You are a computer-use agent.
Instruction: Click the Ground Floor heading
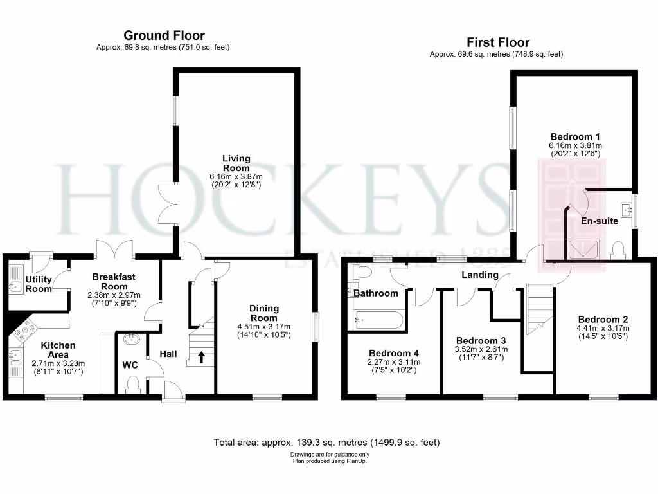coord(164,35)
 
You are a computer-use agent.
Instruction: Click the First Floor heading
coord(498,42)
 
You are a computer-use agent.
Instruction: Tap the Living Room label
coord(236,163)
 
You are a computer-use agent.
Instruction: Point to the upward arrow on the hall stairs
coord(203,356)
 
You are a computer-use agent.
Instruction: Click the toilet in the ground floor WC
coord(134,385)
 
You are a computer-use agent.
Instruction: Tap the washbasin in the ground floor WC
coord(132,338)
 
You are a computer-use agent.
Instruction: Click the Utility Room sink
coord(15,285)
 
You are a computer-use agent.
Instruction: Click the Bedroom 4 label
coord(394,353)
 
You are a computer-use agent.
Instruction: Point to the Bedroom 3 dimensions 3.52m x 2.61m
coord(481,349)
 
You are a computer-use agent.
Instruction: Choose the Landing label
coord(480,275)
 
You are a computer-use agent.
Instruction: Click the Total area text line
coord(326,443)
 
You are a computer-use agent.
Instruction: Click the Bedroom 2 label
coord(603,320)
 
